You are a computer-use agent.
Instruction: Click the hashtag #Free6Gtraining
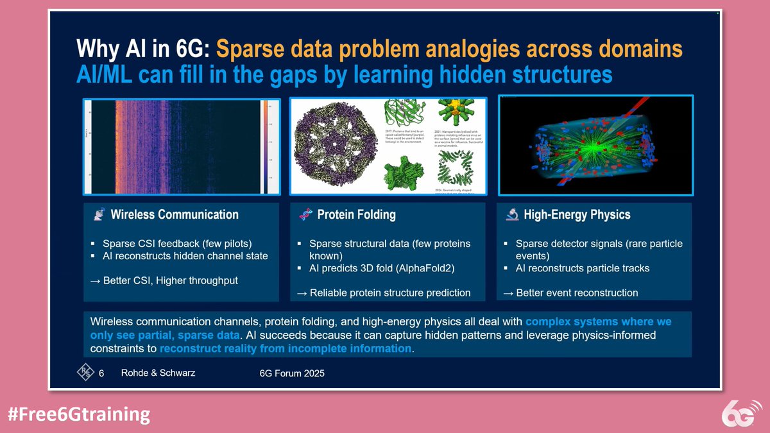tap(78, 414)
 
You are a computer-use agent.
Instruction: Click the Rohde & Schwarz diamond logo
tap(85, 372)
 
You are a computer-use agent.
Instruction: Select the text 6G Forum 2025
tap(287, 373)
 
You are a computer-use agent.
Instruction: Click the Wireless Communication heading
tap(174, 215)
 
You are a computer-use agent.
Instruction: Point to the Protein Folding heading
tap(356, 215)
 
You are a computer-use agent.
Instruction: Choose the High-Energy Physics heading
tap(577, 215)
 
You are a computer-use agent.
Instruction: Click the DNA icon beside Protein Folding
tap(305, 215)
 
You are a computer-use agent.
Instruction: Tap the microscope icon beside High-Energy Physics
tap(511, 215)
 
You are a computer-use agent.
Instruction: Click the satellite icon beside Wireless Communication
tap(98, 215)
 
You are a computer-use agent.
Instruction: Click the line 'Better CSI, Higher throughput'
tap(164, 280)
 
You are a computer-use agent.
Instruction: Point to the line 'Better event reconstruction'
tap(570, 293)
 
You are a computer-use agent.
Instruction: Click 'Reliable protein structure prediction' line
tap(384, 293)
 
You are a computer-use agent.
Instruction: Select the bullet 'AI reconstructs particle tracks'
tap(582, 268)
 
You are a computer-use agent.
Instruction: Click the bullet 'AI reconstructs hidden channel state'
tap(185, 256)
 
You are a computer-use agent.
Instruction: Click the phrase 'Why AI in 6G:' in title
tap(142, 49)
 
